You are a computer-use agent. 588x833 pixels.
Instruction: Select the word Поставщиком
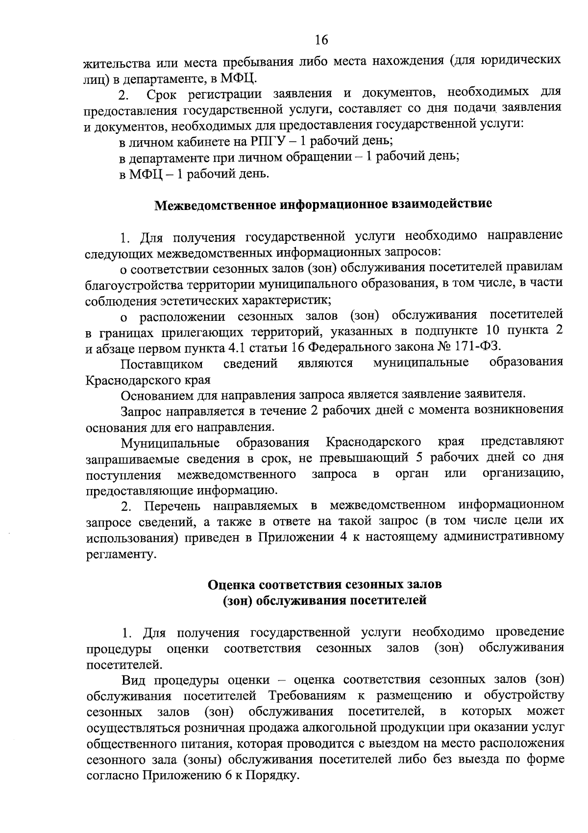(x=162, y=364)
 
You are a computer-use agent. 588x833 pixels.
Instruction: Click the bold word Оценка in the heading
(x=231, y=585)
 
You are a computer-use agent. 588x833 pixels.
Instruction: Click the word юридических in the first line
(x=520, y=61)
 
